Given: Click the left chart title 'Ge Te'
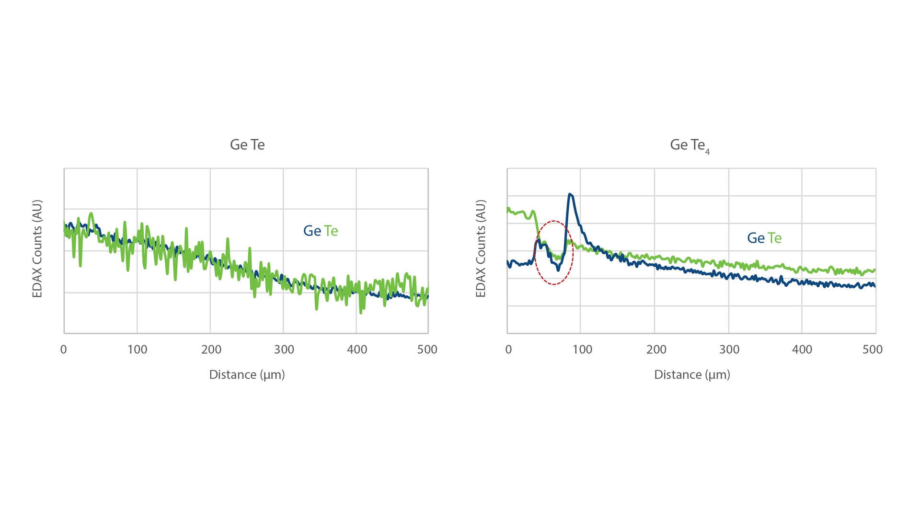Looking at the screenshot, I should [x=247, y=145].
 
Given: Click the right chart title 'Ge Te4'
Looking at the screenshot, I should [x=689, y=145].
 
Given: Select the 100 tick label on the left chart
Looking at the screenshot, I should [x=137, y=349].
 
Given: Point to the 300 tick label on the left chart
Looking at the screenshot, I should [x=284, y=349].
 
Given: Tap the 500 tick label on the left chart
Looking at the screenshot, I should [x=427, y=349].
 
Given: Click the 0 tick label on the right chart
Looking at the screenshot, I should [x=508, y=349].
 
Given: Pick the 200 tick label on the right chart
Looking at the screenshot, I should [x=656, y=349].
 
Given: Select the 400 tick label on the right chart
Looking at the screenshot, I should [x=802, y=349].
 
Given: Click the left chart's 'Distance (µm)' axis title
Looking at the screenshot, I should [x=247, y=374].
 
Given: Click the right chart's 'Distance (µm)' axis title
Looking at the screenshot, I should [x=692, y=374].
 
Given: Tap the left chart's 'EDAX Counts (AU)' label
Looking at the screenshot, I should [x=37, y=248].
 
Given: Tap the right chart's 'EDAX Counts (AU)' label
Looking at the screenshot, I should [x=481, y=248].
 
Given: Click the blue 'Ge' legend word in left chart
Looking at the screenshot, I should [x=312, y=231].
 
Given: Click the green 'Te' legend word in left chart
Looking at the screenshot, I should [x=331, y=231].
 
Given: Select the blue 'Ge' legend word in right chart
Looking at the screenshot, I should [x=756, y=238].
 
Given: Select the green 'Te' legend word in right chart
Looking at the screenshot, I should [x=775, y=238].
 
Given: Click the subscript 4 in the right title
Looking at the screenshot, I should [x=707, y=152].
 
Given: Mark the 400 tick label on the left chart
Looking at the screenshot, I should [x=357, y=349].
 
